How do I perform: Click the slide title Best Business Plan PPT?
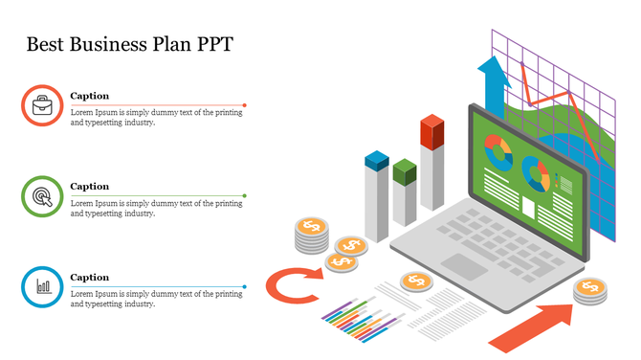(129, 44)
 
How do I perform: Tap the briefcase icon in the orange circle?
(42, 106)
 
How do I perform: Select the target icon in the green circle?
(42, 196)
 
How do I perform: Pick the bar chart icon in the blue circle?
(42, 286)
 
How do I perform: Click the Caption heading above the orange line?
(90, 96)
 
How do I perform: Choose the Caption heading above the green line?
(90, 186)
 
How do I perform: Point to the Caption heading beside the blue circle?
(90, 277)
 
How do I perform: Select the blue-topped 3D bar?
(376, 196)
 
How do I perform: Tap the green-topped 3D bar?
(405, 191)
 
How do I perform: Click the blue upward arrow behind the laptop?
(494, 81)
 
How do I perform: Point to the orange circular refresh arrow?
(291, 285)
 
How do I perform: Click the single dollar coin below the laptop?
(415, 281)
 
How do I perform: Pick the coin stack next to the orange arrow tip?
(590, 290)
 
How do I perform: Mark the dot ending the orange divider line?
(245, 105)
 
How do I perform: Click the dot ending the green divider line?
(245, 195)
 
